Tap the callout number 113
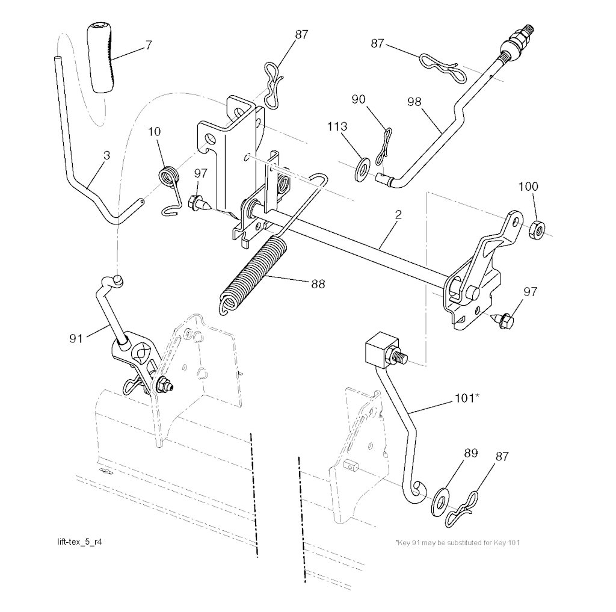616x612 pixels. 337,126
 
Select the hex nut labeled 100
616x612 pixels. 536,230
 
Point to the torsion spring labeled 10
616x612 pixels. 170,189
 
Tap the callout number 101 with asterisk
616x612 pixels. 467,398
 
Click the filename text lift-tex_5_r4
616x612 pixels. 80,542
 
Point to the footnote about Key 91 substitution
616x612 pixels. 457,542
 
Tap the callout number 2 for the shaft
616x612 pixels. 398,215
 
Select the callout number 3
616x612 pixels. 106,156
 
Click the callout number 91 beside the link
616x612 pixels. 76,338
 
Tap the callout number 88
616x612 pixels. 318,284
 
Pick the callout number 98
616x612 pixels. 414,102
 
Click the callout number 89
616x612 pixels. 470,453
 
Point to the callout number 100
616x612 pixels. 528,187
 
